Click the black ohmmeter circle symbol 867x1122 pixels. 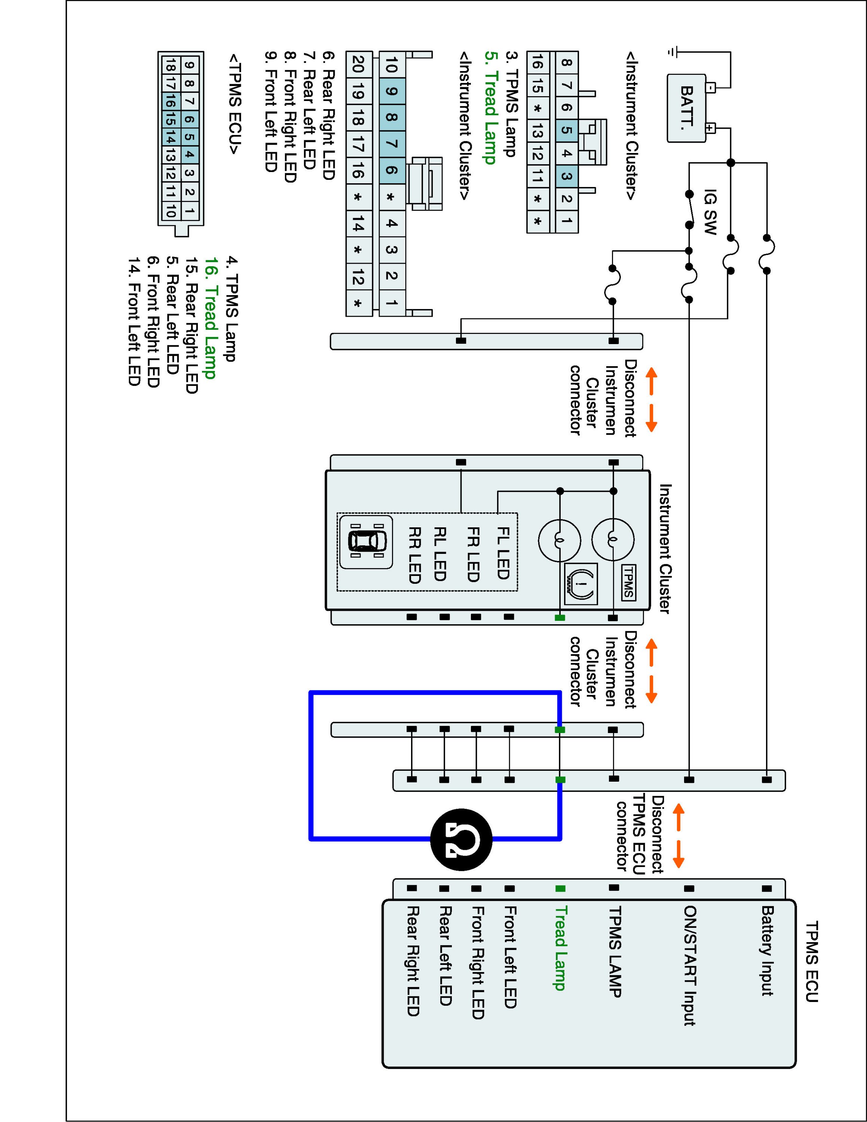[461, 840]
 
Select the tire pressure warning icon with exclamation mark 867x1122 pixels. [580, 583]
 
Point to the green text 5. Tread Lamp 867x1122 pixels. [490, 107]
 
